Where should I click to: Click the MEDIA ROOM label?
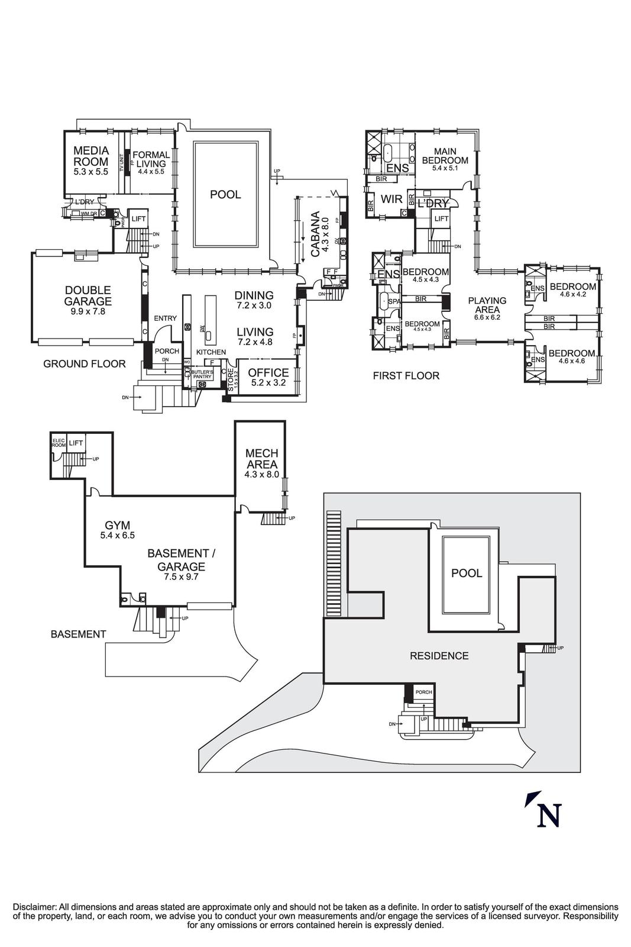(90, 156)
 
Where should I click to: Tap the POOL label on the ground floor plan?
(225, 194)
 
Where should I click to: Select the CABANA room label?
(315, 234)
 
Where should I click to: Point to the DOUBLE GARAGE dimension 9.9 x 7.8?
(88, 311)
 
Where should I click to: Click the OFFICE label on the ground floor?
(268, 373)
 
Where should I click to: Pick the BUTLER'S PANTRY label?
(202, 375)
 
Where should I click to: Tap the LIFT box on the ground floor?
(138, 218)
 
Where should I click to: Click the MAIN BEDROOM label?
(445, 156)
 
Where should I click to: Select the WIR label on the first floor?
(391, 199)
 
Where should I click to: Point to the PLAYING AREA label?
(487, 305)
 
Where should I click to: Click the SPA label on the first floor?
(394, 301)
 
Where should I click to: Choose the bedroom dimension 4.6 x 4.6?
(572, 360)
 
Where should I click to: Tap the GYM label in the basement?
(117, 525)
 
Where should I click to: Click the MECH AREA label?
(261, 459)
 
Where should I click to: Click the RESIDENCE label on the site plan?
(439, 656)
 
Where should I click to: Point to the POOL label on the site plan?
(467, 573)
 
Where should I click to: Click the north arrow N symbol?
(548, 815)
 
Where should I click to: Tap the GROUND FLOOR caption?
(84, 363)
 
